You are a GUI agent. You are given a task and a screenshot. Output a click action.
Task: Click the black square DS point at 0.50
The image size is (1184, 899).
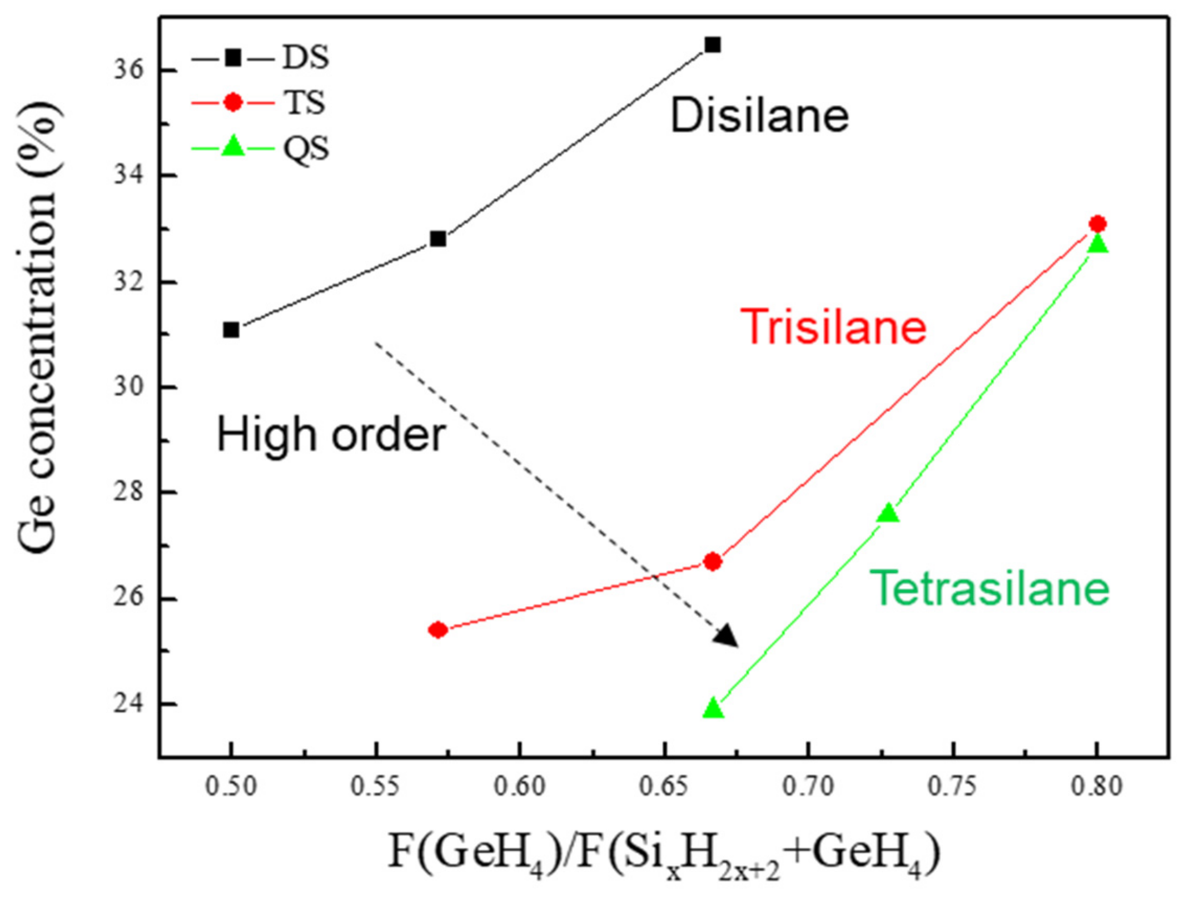point(231,330)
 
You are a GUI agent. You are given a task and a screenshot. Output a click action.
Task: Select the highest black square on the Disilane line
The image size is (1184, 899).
point(713,44)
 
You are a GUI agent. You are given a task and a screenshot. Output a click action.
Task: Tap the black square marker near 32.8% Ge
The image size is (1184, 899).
point(438,239)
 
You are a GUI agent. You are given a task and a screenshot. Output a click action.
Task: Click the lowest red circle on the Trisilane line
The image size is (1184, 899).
point(438,630)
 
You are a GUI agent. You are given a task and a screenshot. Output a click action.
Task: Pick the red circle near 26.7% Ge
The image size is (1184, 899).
point(713,562)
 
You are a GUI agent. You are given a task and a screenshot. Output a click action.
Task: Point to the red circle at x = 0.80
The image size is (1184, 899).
point(1097,224)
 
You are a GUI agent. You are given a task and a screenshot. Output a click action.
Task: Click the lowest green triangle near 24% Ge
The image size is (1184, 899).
point(713,709)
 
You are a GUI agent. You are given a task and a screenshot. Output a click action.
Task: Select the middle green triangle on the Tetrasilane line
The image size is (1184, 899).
point(888,513)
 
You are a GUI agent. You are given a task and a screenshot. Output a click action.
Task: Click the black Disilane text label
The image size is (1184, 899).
point(759,116)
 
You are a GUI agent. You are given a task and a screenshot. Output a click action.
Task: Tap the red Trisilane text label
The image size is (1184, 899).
point(833,327)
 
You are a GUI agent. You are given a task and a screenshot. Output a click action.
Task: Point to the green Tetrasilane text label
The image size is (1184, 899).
point(989,588)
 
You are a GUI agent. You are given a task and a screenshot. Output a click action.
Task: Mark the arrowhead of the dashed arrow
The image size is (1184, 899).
point(727,637)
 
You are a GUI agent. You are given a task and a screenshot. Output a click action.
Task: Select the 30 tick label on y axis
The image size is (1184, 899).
point(129,387)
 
